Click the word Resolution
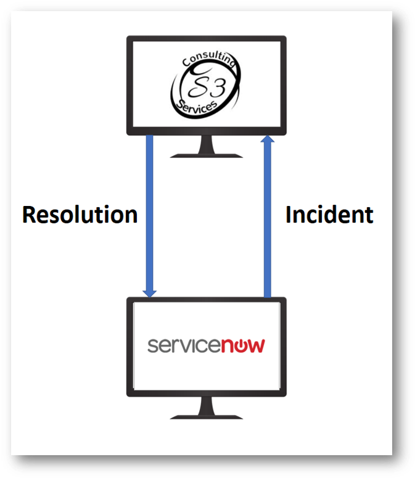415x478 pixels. tap(80, 215)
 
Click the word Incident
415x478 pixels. tap(329, 215)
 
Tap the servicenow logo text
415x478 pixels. tap(206, 344)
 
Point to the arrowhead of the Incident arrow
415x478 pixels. tap(267, 141)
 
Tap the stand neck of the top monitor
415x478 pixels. tap(206, 144)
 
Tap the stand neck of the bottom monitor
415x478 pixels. tap(206, 405)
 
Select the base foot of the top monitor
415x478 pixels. tap(206, 154)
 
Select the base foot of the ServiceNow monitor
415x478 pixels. tap(206, 416)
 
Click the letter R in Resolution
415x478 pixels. tap(30, 215)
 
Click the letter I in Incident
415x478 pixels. tap(289, 215)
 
